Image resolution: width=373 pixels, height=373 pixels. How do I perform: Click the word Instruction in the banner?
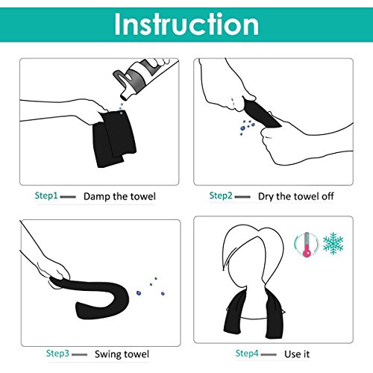[x=186, y=25]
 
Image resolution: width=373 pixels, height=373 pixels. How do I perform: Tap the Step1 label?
[x=46, y=195]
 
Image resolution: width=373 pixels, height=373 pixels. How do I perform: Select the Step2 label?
[x=221, y=195]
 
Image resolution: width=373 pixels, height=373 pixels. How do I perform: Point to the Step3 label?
[x=57, y=354]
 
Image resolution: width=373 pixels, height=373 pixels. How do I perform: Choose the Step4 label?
[x=247, y=354]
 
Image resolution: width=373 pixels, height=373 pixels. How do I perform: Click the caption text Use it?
[x=297, y=354]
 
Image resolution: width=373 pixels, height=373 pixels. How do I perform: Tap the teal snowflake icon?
[x=333, y=243]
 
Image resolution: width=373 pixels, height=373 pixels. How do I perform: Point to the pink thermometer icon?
[x=307, y=245]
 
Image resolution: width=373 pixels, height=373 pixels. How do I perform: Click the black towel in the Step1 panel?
[x=114, y=138]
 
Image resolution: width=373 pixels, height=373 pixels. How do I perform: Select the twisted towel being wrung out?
[x=261, y=113]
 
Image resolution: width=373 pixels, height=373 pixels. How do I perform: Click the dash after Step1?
[x=68, y=197]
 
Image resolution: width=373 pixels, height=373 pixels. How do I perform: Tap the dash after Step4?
[x=269, y=354]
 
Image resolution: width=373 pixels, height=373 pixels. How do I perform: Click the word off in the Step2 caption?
[x=327, y=196]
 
